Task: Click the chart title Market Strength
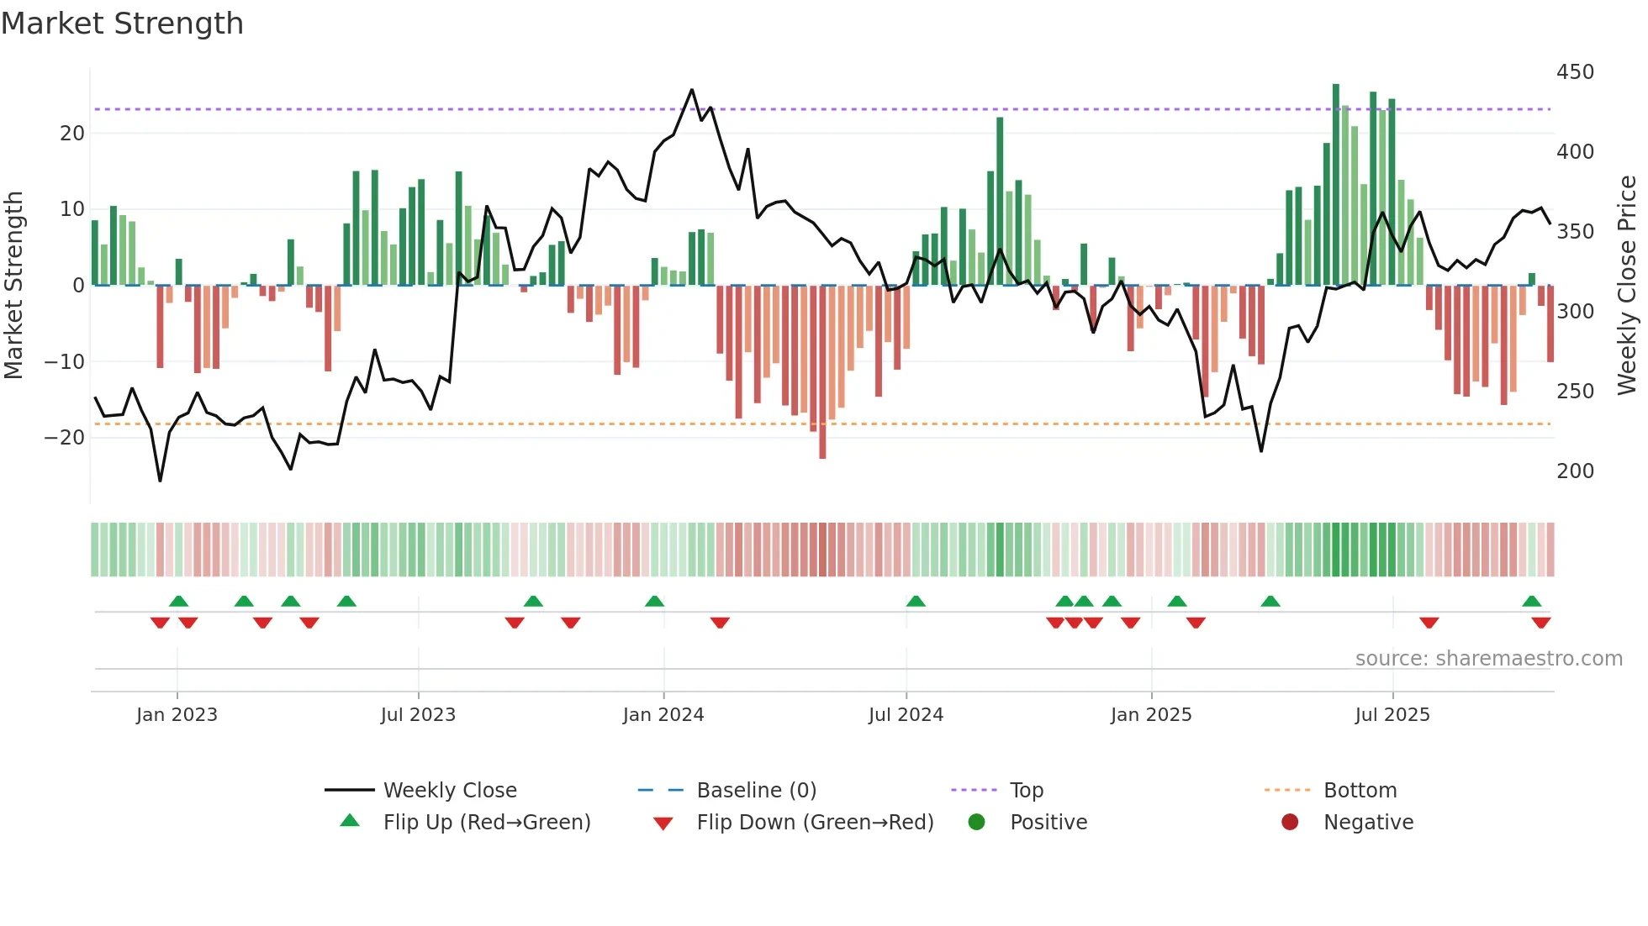pos(122,24)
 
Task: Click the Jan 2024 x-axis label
pos(663,715)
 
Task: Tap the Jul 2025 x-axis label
pos(1392,715)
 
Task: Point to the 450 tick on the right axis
pos(1574,72)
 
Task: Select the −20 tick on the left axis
pos(65,438)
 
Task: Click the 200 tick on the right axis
pos(1574,471)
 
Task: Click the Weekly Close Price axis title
pos(1627,286)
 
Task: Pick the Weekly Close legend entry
pos(449,791)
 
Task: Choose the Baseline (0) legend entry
pos(756,791)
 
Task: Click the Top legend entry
pos(1026,791)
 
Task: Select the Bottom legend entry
pos(1360,791)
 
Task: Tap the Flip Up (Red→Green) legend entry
pos(486,823)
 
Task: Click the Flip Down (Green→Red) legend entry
pos(814,823)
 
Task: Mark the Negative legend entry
pos(1368,823)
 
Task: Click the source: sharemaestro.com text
pos(1488,659)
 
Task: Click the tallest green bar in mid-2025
pos(1335,185)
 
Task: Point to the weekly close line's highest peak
pos(692,90)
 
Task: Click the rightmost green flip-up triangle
pos(1531,602)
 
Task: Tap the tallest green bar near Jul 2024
pos(1000,202)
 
